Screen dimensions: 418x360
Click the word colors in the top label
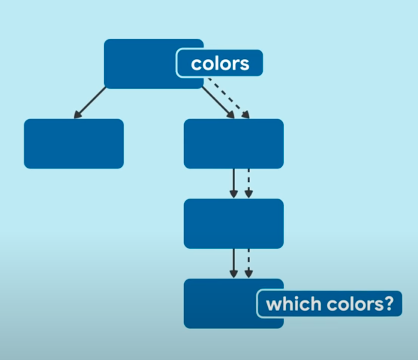click(220, 63)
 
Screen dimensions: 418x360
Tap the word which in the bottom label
click(286, 304)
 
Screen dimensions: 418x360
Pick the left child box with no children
click(74, 144)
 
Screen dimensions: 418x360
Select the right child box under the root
click(234, 144)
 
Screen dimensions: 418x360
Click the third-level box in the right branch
click(234, 224)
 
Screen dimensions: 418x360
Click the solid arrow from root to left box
click(90, 103)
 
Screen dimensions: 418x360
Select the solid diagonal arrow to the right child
click(218, 102)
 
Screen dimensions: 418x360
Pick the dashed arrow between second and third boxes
click(249, 183)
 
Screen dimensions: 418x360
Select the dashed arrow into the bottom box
click(249, 263)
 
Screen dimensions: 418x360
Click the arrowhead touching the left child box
click(77, 115)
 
